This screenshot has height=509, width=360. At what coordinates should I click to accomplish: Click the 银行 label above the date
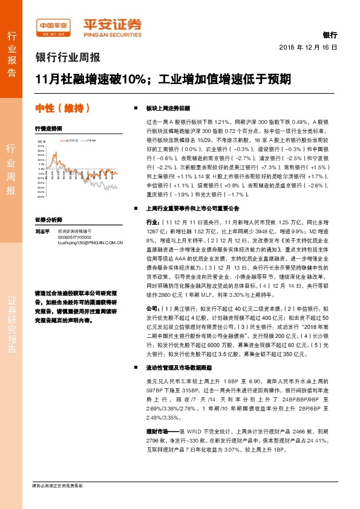coord(330,36)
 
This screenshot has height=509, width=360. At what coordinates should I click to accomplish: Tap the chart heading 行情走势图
coord(48,129)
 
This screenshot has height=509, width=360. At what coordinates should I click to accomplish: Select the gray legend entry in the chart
coord(90,140)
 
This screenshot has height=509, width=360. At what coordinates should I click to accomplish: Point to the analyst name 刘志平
coord(42,231)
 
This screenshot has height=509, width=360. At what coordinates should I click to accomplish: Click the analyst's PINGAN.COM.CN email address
coord(90,242)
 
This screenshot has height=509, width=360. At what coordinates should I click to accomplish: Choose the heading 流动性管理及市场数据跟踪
coord(180,368)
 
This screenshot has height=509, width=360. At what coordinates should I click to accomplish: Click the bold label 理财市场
coord(157,413)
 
